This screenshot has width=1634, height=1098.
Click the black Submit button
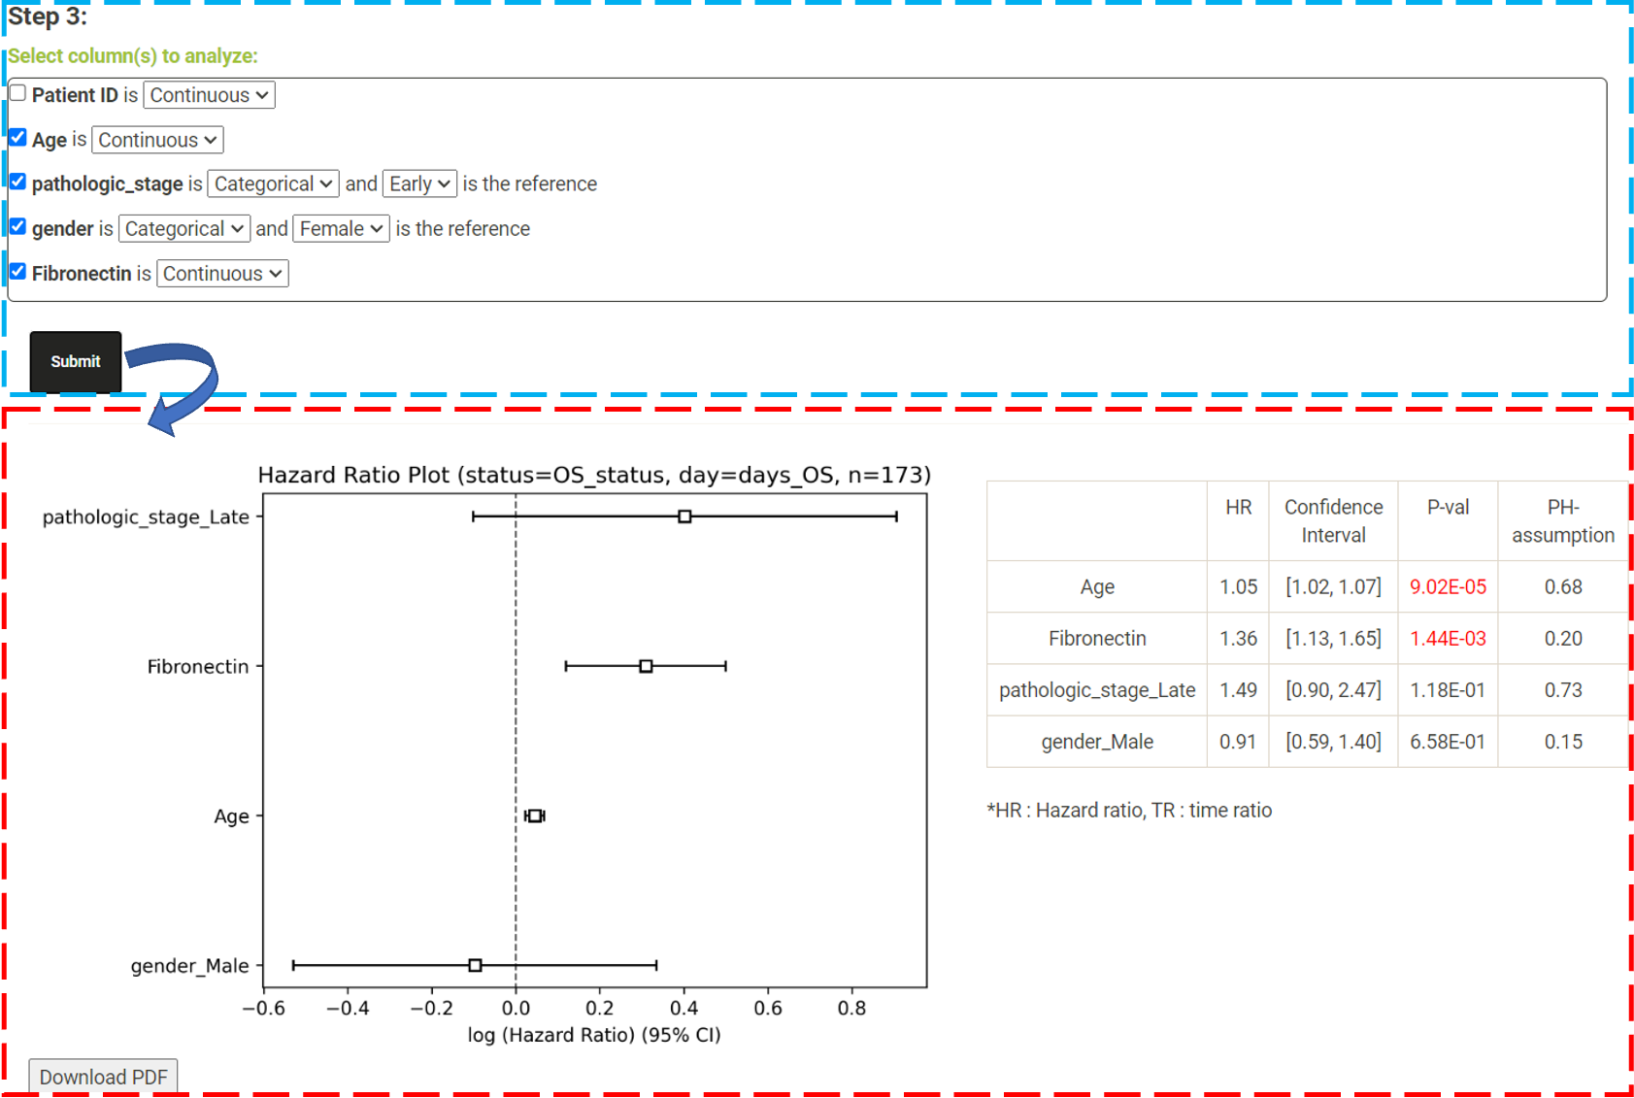point(75,362)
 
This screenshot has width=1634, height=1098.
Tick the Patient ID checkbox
point(17,93)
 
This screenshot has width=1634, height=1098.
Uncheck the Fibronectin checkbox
point(17,272)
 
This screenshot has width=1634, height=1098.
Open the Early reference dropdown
point(419,183)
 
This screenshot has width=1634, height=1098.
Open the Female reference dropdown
point(342,228)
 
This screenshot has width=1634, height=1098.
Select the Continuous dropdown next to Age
point(157,140)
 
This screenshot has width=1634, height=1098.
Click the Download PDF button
point(103,1077)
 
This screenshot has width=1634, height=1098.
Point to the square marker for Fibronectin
point(646,666)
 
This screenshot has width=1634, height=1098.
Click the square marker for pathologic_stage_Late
point(684,516)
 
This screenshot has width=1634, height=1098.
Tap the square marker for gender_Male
point(475,965)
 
